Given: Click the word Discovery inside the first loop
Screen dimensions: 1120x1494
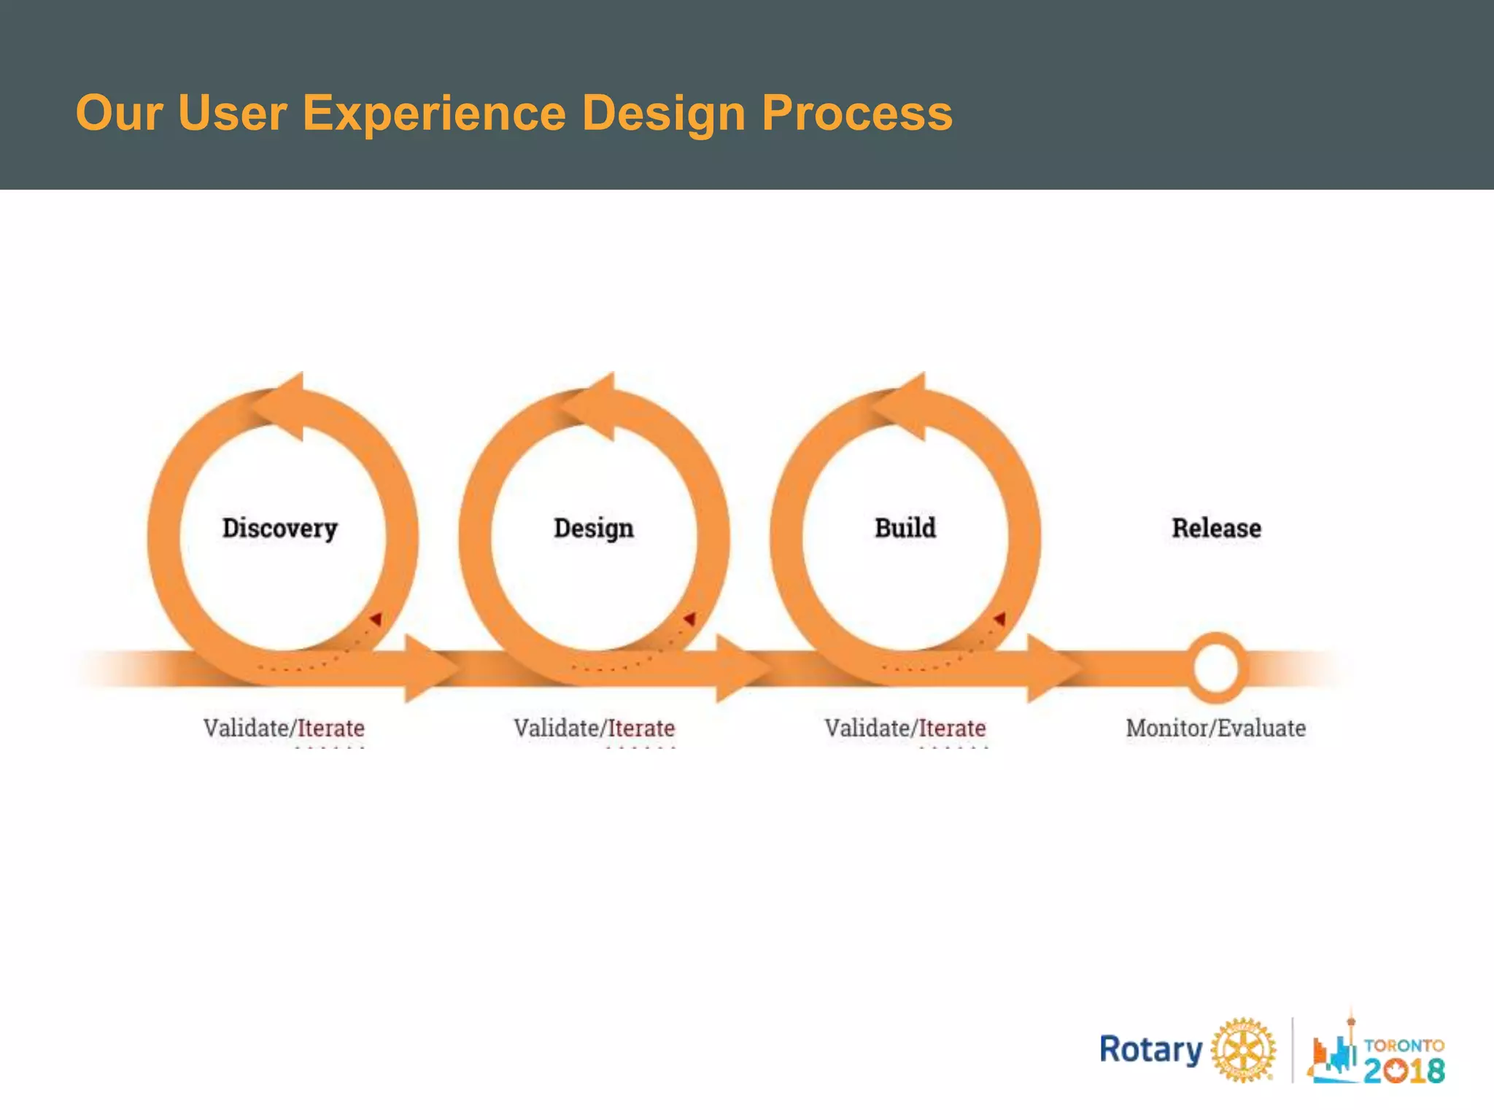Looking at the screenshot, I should coord(280,529).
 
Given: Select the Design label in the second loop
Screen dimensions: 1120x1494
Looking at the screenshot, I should coord(594,529).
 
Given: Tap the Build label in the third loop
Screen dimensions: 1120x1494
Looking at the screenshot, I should coord(905,527).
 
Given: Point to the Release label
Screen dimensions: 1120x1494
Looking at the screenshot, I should coord(1216,528).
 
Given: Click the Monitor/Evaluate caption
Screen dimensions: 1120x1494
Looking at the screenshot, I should coord(1215,728).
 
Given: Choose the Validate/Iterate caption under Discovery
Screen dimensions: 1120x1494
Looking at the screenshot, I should coord(284,728).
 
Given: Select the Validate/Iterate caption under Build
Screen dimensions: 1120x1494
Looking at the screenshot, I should coord(905,728).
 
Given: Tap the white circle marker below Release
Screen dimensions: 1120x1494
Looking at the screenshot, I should coord(1215,668).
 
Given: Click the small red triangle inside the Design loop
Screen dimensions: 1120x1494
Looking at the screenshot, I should coord(689,619).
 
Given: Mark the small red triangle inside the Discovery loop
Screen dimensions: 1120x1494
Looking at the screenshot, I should coord(376,619).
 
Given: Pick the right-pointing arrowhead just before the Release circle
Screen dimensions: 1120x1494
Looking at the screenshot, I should coord(1052,668).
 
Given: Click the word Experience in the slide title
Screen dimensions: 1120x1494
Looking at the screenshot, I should coord(433,113).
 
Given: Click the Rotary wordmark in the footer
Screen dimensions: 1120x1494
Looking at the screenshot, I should coord(1150,1050).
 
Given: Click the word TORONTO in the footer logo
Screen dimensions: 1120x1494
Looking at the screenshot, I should coord(1404,1045).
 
